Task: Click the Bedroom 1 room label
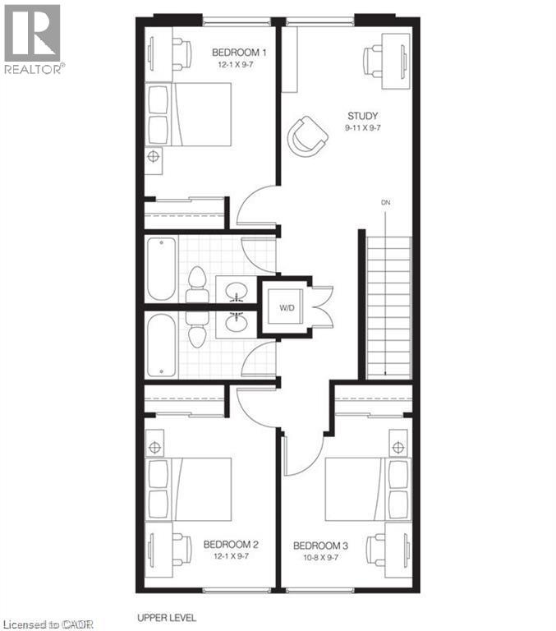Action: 239,53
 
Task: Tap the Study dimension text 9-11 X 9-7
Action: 362,128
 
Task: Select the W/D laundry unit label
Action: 287,308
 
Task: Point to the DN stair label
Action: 385,202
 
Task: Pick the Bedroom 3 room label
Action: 320,546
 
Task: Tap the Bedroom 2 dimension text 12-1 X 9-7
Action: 231,556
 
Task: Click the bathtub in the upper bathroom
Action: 161,269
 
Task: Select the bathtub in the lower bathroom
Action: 161,345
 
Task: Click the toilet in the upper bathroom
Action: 197,283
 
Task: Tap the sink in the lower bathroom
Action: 237,322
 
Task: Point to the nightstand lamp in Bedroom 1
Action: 154,156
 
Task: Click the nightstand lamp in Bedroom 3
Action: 398,447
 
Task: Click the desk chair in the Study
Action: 373,62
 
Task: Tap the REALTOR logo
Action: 32,39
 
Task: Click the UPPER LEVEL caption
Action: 167,618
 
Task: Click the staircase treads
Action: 389,308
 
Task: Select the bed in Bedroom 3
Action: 367,490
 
